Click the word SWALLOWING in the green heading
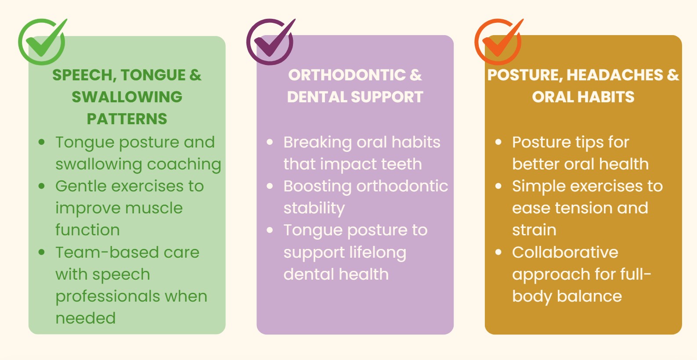pyautogui.click(x=127, y=97)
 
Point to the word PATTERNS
pyautogui.click(x=127, y=119)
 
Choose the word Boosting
pyautogui.click(x=318, y=187)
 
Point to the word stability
pyautogui.click(x=314, y=209)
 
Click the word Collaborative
pyautogui.click(x=565, y=252)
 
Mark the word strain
pyautogui.click(x=534, y=230)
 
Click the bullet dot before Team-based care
pyautogui.click(x=41, y=252)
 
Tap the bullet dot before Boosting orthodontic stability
pyautogui.click(x=270, y=186)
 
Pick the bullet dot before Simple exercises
pyautogui.click(x=498, y=186)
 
